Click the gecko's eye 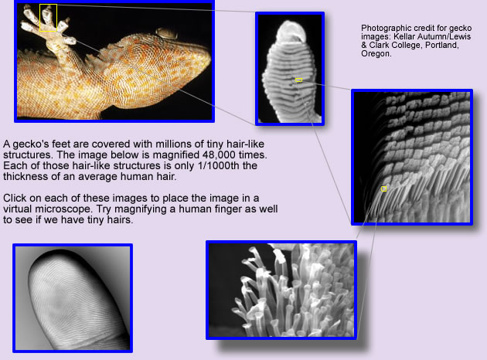point(166,33)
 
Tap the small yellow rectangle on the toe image point(298,80)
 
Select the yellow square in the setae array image point(384,188)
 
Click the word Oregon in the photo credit point(376,53)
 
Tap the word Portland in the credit point(442,45)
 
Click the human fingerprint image point(73,298)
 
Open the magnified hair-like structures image point(281,290)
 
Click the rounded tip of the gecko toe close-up point(291,31)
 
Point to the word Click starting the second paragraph point(14,198)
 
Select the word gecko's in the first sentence point(30,144)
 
